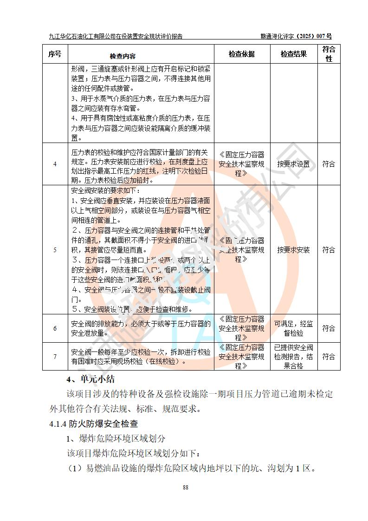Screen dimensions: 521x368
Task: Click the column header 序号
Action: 55,54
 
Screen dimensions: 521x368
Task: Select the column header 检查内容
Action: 123,56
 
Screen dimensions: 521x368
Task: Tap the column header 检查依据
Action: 241,54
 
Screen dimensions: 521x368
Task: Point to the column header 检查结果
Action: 293,54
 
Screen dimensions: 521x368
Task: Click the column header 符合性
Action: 329,54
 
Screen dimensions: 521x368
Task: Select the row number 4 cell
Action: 55,164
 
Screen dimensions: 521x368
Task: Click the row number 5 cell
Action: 55,250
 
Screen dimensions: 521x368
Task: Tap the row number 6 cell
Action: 55,328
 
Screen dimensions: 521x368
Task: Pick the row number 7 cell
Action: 55,357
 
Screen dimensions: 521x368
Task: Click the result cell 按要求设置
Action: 293,164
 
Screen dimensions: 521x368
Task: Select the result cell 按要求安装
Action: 293,250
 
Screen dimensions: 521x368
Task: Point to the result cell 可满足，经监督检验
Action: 293,328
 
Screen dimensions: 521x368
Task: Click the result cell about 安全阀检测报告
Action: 293,357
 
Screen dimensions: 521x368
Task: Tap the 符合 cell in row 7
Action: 329,357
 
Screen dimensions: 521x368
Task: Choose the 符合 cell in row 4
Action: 329,164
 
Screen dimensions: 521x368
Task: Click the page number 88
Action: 186,487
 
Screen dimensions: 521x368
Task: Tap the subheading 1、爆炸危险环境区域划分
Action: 116,438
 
